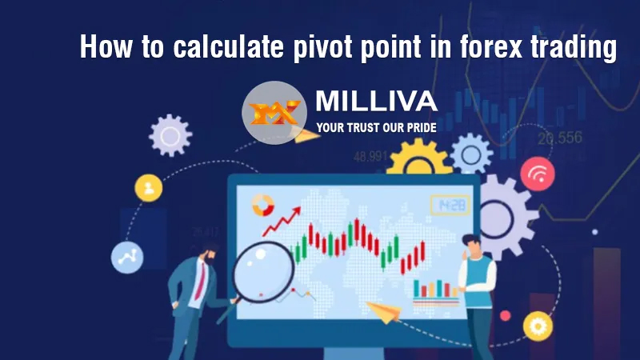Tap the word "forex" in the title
coord(498,47)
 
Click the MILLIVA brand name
coord(376,102)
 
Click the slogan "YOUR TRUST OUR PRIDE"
coord(376,126)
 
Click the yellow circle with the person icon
coord(147,189)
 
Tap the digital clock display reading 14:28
coord(450,206)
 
